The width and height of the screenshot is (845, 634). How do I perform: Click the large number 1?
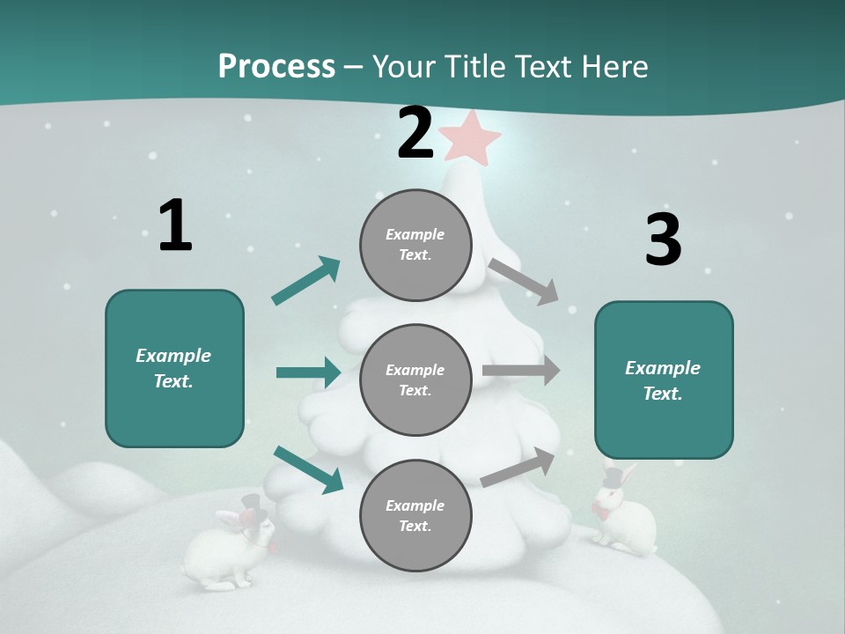tap(175, 226)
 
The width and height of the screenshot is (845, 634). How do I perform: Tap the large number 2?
tap(415, 134)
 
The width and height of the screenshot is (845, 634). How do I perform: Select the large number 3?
tap(663, 240)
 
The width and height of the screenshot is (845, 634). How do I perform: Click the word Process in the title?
tap(276, 66)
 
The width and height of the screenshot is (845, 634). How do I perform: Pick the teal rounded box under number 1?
tap(174, 368)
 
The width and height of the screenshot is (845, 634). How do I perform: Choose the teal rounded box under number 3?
tap(664, 380)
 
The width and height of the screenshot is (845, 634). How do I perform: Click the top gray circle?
tap(415, 245)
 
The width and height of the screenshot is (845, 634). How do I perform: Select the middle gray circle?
tap(415, 380)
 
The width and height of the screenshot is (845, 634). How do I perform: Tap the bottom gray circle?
tap(415, 516)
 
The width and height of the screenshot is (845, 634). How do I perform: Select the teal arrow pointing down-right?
tap(308, 468)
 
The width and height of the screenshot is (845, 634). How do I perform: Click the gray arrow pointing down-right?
tap(524, 281)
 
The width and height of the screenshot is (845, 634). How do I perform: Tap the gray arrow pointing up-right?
tap(518, 466)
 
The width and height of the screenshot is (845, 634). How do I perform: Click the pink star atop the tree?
tap(471, 137)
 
